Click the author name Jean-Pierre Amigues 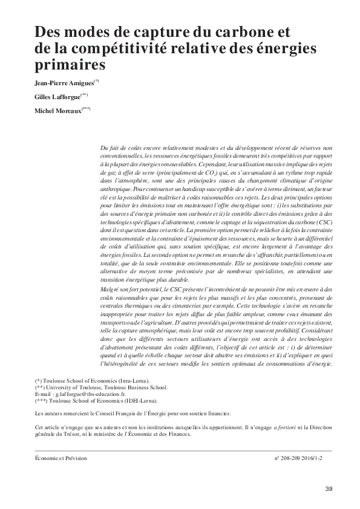67,82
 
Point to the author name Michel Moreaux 59,111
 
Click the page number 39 329,488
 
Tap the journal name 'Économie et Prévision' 61,458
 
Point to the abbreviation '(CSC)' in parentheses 322,222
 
